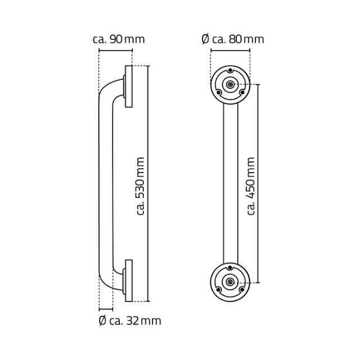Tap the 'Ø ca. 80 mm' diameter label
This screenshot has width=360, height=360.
[232, 39]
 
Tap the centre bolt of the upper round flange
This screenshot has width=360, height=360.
[230, 85]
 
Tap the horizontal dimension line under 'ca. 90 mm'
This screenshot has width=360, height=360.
[115, 49]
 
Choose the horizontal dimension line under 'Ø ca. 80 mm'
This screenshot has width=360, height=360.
[230, 49]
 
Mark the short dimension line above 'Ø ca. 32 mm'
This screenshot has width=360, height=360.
[106, 309]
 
